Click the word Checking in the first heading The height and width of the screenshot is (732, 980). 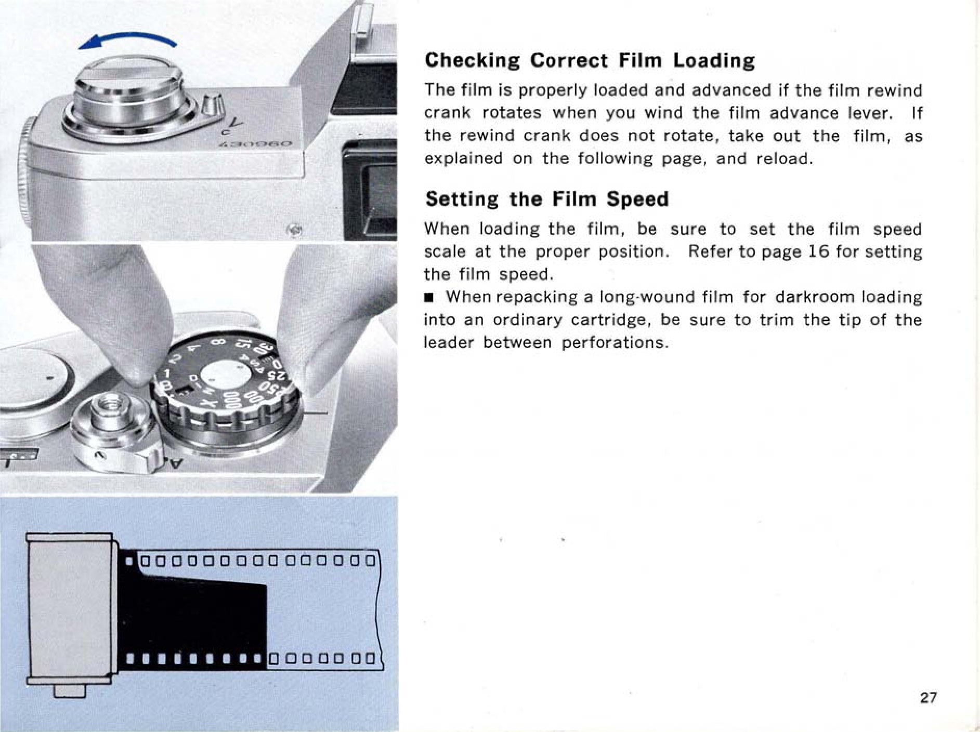(x=472, y=61)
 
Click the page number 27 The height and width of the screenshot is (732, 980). (x=929, y=697)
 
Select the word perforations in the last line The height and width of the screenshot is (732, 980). (x=615, y=343)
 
